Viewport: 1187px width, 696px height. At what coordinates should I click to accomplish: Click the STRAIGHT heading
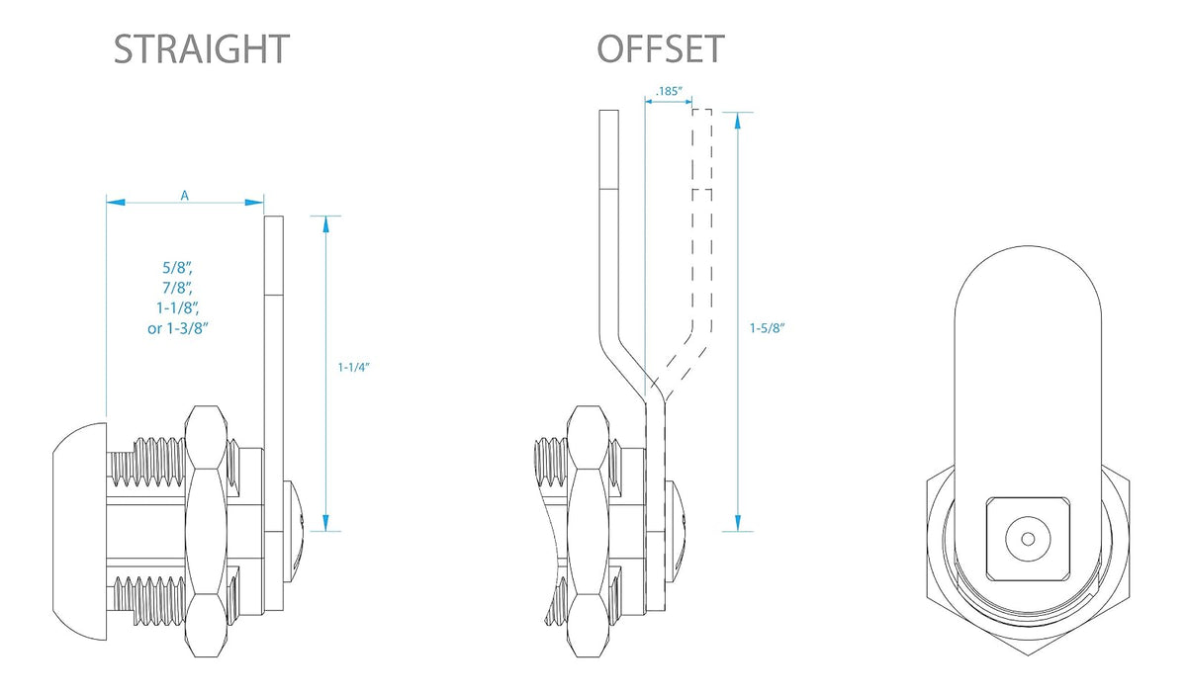pyautogui.click(x=202, y=49)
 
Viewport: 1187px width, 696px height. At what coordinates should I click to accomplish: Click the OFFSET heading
pyautogui.click(x=661, y=49)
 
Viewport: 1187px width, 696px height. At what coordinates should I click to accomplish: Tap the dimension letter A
pyautogui.click(x=184, y=196)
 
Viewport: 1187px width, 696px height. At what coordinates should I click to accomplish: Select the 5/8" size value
pyautogui.click(x=177, y=268)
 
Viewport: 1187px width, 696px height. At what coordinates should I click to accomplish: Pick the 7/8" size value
pyautogui.click(x=177, y=288)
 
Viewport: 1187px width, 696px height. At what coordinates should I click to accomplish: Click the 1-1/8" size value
pyautogui.click(x=177, y=307)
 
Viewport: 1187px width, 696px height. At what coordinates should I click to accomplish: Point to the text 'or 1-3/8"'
pyautogui.click(x=177, y=328)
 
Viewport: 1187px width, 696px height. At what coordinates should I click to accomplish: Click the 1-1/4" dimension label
pyautogui.click(x=353, y=367)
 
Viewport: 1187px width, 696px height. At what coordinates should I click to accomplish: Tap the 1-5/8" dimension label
pyautogui.click(x=767, y=328)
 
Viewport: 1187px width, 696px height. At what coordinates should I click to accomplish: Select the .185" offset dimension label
pyautogui.click(x=669, y=91)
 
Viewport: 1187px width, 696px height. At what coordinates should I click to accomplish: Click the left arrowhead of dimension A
pyautogui.click(x=116, y=202)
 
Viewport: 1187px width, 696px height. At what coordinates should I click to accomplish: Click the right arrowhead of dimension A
pyautogui.click(x=254, y=202)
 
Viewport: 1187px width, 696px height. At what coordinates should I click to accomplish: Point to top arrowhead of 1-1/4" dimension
pyautogui.click(x=325, y=224)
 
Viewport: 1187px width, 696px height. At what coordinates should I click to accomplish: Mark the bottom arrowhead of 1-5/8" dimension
pyautogui.click(x=738, y=523)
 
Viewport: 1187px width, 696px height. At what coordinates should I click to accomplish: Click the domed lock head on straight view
pyautogui.click(x=79, y=531)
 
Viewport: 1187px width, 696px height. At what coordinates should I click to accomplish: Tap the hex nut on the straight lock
pyautogui.click(x=206, y=531)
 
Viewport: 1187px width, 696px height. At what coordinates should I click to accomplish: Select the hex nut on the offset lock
pyautogui.click(x=588, y=531)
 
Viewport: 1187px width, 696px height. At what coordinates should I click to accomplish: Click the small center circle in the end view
pyautogui.click(x=1028, y=539)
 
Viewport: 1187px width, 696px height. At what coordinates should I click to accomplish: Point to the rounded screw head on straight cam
pyautogui.click(x=294, y=531)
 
